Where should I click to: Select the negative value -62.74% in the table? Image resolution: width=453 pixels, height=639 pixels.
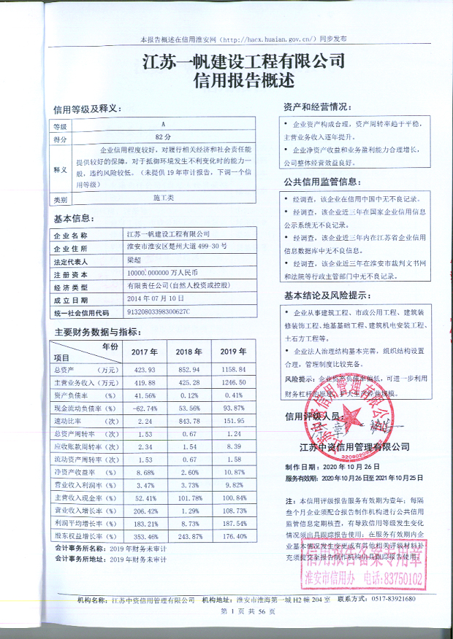142,408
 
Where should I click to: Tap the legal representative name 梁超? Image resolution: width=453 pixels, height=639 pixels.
134,261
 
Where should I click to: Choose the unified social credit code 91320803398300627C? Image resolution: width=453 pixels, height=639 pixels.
158,312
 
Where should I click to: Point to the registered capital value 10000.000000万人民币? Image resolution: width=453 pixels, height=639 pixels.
163,274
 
